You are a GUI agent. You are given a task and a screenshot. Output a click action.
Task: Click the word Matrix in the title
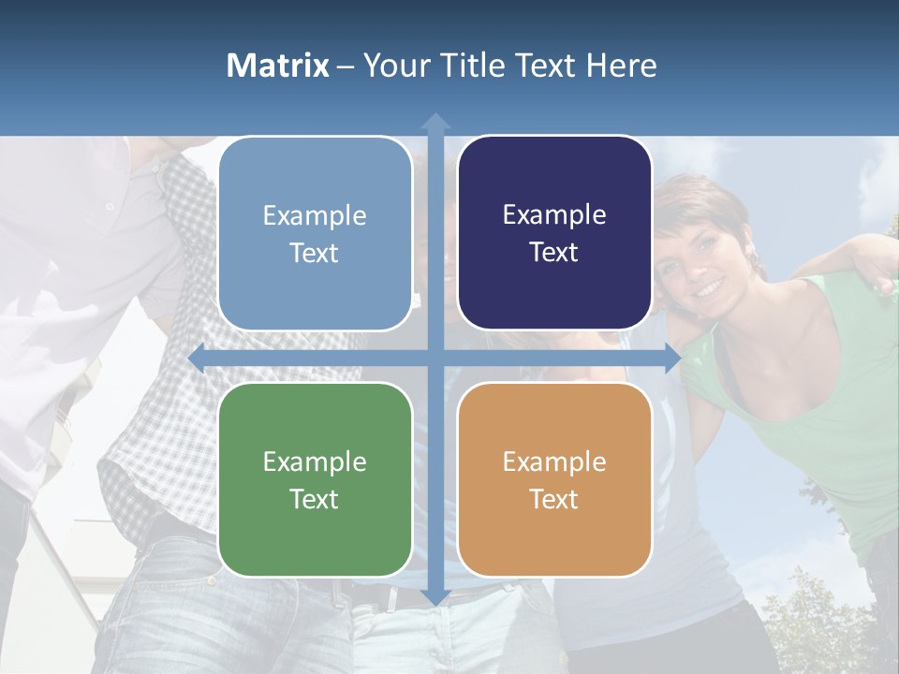278,66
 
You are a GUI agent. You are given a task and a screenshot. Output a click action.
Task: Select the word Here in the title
622,66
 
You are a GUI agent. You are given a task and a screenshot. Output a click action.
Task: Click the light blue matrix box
315,234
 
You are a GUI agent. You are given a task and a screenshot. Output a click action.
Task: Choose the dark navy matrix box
554,233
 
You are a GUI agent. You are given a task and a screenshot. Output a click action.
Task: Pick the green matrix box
315,479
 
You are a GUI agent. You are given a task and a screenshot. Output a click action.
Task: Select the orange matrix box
554,479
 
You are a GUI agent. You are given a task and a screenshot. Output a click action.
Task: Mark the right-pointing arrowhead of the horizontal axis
671,359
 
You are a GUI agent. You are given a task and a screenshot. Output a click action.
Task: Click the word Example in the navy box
554,214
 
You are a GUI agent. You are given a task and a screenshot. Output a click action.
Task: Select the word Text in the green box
315,499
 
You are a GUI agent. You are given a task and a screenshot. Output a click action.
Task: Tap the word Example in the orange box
554,462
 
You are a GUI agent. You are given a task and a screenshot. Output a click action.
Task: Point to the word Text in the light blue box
315,253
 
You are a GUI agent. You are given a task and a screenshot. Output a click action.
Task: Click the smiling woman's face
698,257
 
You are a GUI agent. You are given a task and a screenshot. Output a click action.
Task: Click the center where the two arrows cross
435,359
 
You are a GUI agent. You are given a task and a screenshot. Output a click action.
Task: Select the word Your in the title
393,66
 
